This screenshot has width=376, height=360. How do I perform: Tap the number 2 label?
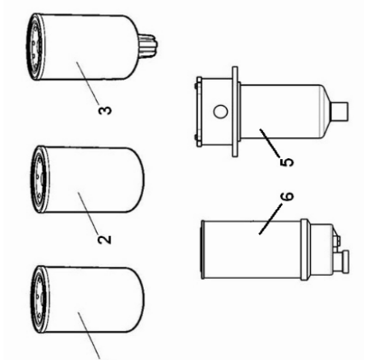tap(105, 240)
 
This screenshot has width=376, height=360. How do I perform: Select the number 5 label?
tap(287, 164)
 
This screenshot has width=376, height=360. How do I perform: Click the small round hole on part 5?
tap(217, 114)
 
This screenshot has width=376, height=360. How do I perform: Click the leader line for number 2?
tap(90, 217)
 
